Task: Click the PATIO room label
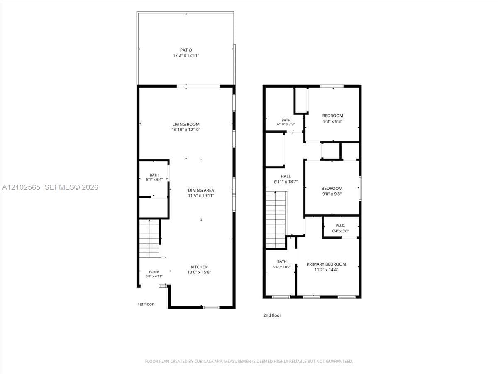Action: point(186,50)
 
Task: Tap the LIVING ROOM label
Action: point(186,124)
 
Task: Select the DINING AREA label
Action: point(201,190)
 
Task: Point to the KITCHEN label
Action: point(199,267)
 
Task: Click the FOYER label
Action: point(154,272)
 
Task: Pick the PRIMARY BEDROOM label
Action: point(326,264)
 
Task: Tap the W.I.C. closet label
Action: point(340,226)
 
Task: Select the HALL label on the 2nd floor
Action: point(286,176)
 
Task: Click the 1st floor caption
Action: point(145,304)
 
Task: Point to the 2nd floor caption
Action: point(272,315)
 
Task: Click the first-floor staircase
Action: point(149,239)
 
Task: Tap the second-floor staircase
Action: point(276,219)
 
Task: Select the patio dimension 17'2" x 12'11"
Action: point(186,55)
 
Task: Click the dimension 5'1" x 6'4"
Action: point(154,180)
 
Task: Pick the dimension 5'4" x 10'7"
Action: point(282,267)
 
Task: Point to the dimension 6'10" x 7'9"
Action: point(286,124)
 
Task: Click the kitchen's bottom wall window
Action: point(211,308)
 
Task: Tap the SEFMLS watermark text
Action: point(71,187)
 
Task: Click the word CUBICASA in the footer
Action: point(203,361)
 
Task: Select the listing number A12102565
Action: point(21,187)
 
